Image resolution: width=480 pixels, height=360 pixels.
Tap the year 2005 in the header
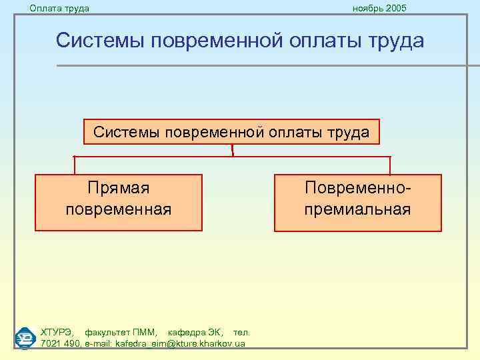(x=394, y=8)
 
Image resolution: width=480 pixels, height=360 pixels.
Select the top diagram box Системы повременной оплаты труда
(x=231, y=132)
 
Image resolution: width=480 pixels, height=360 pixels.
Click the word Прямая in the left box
(x=119, y=189)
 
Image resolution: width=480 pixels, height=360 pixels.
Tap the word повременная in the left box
(x=119, y=209)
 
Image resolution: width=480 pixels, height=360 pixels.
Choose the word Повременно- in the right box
(x=357, y=189)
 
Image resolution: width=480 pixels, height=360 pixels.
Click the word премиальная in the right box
(x=357, y=209)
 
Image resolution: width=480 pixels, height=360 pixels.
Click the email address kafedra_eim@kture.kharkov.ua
(x=180, y=343)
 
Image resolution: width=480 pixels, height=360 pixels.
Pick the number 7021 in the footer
(x=51, y=343)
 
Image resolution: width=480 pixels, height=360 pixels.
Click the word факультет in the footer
(x=107, y=331)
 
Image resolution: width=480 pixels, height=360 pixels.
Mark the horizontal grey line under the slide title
(x=267, y=65)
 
